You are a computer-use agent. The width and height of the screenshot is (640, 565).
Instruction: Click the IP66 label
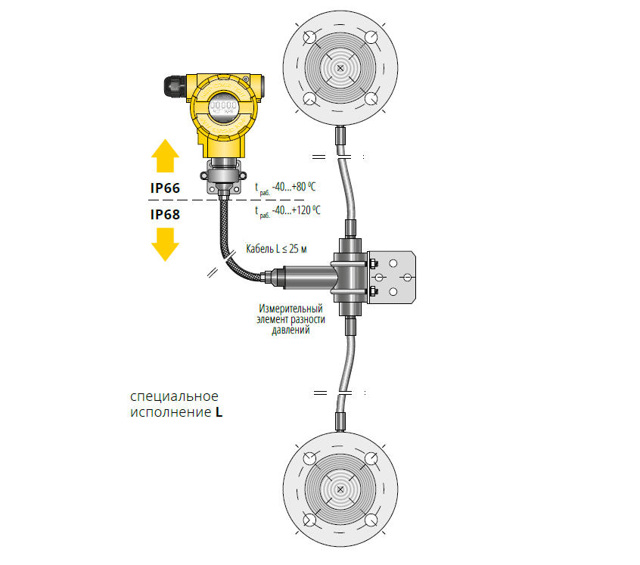point(165,188)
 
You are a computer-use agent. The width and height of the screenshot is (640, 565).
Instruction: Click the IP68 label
point(165,215)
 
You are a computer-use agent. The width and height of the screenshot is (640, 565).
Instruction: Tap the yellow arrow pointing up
point(165,155)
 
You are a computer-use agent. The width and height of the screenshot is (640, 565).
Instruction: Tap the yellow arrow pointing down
point(165,244)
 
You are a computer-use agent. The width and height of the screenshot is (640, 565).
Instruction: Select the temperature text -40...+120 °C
point(296,210)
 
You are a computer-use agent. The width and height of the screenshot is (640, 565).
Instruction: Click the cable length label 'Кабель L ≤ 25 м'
point(276,248)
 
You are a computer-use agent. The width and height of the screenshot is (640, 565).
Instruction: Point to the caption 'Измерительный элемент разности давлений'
point(290,319)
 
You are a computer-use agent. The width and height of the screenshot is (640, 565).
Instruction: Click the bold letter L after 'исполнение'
point(219,412)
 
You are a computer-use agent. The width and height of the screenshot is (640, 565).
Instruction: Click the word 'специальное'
point(174,396)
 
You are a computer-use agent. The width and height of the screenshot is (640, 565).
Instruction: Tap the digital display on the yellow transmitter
point(223,107)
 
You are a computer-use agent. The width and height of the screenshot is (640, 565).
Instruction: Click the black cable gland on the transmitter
point(175,86)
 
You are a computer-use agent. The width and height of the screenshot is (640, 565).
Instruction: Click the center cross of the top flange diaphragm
point(340,68)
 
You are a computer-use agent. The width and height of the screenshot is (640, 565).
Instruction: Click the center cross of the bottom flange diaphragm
point(340,489)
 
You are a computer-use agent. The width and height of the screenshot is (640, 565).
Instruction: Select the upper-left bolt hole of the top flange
point(309,37)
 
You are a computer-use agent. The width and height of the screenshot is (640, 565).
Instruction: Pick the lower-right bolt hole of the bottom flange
point(371,520)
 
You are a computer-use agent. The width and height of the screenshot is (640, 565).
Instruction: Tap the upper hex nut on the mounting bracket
point(372,263)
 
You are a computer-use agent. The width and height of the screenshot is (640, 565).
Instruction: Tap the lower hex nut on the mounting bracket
point(372,291)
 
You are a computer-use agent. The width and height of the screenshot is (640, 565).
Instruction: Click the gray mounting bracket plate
point(392,278)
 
